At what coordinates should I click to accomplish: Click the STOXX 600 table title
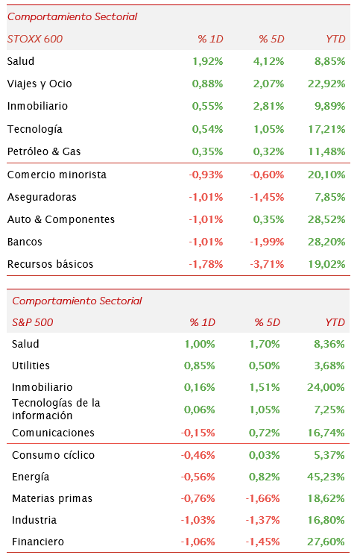pos(35,39)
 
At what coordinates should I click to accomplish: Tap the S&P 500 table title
pos(33,322)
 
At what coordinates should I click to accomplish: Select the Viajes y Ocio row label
pos(40,84)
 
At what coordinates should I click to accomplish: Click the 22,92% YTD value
pos(326,84)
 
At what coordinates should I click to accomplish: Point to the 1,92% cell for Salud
pos(208,62)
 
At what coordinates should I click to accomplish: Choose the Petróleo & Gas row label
pos(44,151)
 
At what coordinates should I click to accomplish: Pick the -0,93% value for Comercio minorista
pos(206,175)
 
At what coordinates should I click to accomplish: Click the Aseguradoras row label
pos(42,197)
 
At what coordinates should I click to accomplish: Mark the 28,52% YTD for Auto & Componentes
pos(326,219)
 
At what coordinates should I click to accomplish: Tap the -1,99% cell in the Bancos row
pos(267,242)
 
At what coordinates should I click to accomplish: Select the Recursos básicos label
pos(50,264)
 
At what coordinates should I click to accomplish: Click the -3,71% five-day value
pos(267,264)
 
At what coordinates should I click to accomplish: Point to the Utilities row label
pos(31,366)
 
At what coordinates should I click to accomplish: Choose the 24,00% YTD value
pos(326,387)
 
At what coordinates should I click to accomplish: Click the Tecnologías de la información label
pos(56,410)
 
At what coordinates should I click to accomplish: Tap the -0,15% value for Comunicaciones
pos(198,433)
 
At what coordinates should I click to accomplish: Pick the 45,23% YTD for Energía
pos(326,477)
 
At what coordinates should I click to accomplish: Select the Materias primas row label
pos(52,499)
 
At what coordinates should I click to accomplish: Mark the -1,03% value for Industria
pos(198,520)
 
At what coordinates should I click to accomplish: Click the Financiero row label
pos(38,542)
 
